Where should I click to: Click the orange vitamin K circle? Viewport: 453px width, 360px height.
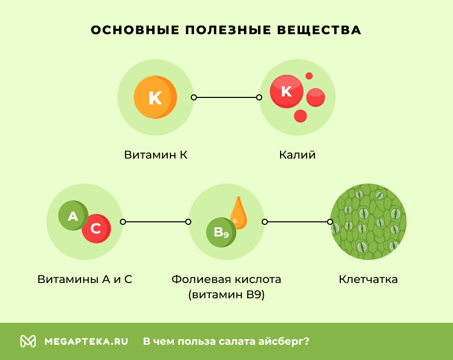point(155,97)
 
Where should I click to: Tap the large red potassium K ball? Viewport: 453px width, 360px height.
point(286,91)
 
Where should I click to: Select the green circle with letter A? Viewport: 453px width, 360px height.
point(73,216)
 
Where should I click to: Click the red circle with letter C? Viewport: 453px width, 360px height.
point(96,229)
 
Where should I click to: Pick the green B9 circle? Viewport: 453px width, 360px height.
point(221,233)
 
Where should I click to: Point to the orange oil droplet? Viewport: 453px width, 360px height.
point(238,213)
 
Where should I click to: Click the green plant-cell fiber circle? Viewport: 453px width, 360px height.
point(368,222)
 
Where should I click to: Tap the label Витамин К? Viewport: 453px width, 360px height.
point(156,155)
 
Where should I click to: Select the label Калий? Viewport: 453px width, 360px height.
point(297,155)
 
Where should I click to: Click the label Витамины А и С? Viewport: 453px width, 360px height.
point(85,279)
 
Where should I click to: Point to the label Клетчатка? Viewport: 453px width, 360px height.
point(368,279)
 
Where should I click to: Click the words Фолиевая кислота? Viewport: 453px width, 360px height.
point(226,279)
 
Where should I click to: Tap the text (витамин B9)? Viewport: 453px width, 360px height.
point(226,295)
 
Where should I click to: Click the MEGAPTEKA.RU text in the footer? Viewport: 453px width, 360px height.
point(86,341)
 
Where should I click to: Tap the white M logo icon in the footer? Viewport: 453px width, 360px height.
point(28,341)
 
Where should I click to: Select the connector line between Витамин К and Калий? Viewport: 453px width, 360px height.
point(226,97)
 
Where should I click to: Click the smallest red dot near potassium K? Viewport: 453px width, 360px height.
point(309,76)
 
